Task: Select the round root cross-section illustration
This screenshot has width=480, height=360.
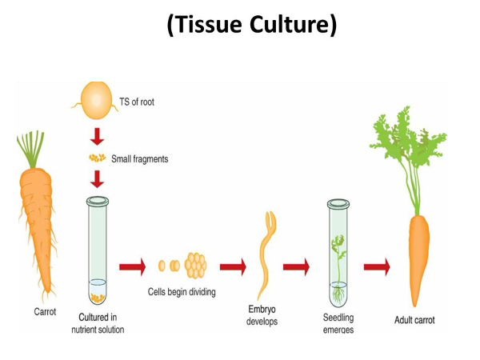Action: click(x=98, y=102)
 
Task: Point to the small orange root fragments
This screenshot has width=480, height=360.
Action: click(x=97, y=158)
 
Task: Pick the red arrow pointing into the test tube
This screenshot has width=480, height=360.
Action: click(x=98, y=177)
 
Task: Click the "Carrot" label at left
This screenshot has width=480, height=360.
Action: click(x=45, y=312)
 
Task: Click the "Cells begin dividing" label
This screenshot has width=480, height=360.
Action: click(x=181, y=291)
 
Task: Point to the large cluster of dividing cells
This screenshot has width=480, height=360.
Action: click(x=194, y=265)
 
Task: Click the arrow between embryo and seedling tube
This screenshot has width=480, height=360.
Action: click(x=297, y=266)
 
